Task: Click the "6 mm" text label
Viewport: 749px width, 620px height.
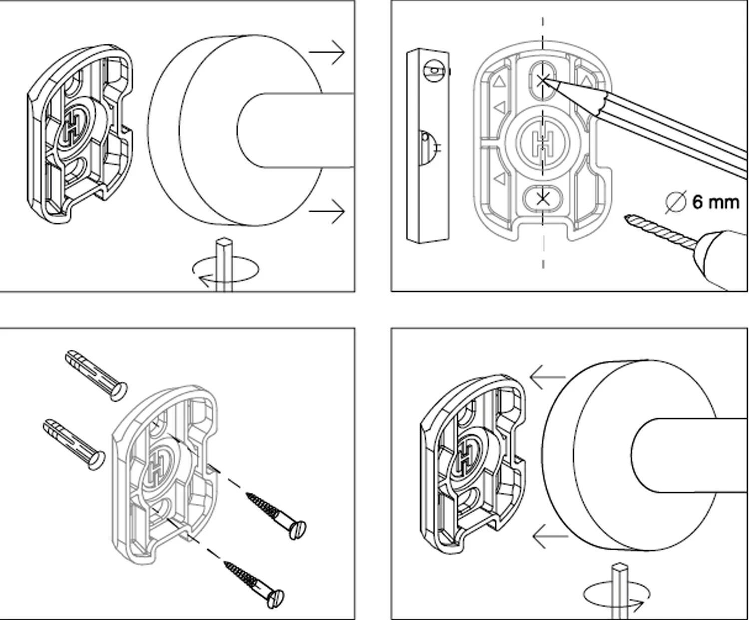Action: coord(715,202)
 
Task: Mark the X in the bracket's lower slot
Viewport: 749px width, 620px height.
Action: coord(543,199)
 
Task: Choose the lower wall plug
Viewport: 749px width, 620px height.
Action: coord(75,444)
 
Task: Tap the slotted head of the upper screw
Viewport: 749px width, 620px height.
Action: coord(298,530)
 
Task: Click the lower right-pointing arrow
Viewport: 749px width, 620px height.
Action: coord(327,212)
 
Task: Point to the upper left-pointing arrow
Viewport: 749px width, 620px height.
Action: coord(547,377)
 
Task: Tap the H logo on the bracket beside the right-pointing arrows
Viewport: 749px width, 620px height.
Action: coord(73,128)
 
